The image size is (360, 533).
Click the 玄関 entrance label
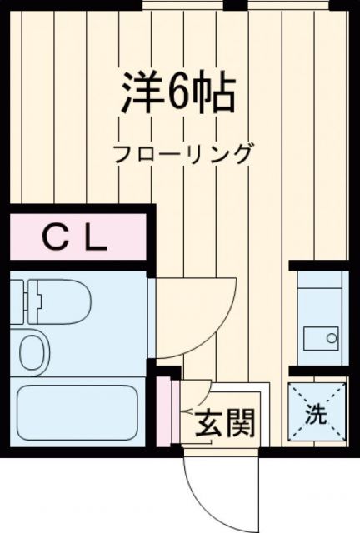(224, 425)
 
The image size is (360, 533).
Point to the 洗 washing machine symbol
(317, 412)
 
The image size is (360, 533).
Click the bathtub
(77, 414)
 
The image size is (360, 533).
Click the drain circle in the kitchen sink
(332, 339)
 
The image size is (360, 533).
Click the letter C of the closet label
(55, 239)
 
